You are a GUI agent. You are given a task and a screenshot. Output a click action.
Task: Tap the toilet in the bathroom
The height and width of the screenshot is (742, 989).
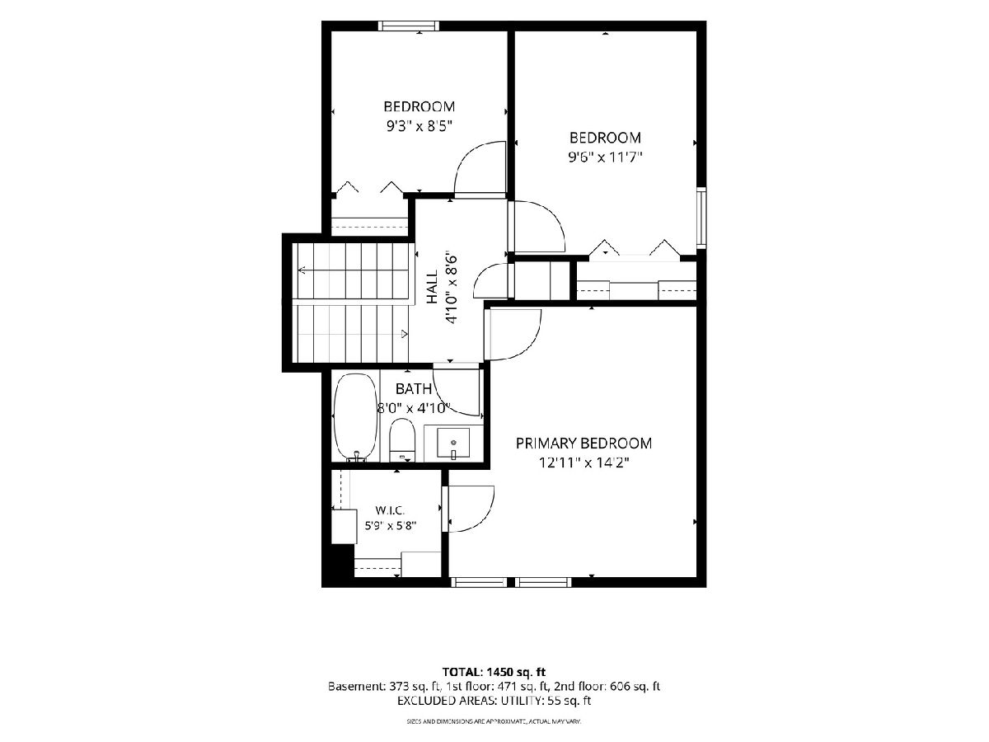click(x=402, y=440)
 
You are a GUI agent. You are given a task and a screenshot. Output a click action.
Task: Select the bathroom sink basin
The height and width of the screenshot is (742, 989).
click(x=452, y=444)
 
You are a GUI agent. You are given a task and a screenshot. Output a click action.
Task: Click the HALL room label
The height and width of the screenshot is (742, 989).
click(x=432, y=287)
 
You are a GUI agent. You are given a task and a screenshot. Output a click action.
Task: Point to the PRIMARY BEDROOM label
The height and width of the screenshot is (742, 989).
click(x=584, y=444)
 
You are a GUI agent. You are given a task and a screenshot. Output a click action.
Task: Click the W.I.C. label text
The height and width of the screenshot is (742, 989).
click(x=390, y=510)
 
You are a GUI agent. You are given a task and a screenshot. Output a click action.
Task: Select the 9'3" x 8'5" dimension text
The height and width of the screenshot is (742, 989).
click(x=419, y=125)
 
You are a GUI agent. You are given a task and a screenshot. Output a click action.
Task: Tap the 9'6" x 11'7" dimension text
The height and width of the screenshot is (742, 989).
click(x=605, y=157)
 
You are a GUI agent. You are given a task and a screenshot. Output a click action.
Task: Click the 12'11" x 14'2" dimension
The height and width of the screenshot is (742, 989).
click(x=584, y=463)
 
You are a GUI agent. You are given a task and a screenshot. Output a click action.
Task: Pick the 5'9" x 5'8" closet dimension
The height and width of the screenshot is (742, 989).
click(x=390, y=525)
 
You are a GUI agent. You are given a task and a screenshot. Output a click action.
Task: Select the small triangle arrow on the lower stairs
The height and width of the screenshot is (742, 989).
click(x=405, y=334)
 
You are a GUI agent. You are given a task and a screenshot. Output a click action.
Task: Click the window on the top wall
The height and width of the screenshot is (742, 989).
click(x=408, y=26)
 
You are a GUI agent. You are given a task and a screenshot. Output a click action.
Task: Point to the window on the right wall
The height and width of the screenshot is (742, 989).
click(x=701, y=218)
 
